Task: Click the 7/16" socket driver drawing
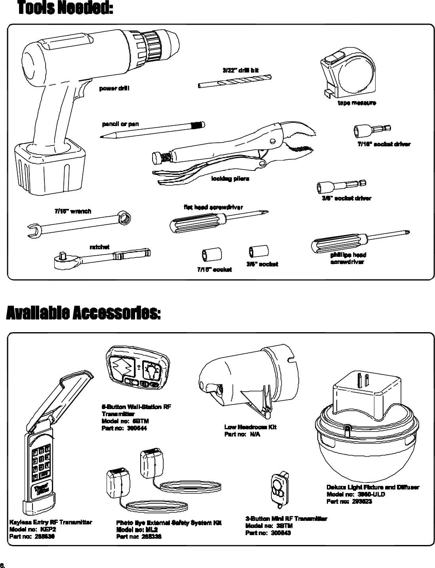pyautogui.click(x=373, y=130)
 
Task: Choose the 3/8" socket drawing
pyautogui.click(x=259, y=251)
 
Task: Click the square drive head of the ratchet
pyautogui.click(x=61, y=258)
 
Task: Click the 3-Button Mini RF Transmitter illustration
pyautogui.click(x=280, y=487)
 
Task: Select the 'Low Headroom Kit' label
pyautogui.click(x=250, y=427)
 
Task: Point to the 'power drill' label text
pyautogui.click(x=114, y=88)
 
